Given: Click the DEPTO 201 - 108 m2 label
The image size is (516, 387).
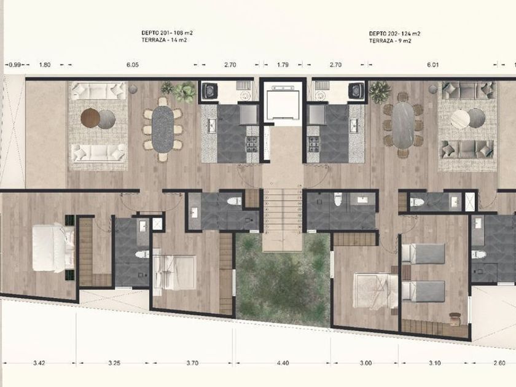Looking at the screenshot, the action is point(167,33).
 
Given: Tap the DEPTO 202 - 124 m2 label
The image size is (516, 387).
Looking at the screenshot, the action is point(394,34).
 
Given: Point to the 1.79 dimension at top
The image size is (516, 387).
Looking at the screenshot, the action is point(283,65).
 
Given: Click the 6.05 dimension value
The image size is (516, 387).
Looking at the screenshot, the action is point(132,65).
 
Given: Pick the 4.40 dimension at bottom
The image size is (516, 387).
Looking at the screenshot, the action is point(283,363).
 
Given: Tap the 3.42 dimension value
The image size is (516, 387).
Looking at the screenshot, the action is point(39,363).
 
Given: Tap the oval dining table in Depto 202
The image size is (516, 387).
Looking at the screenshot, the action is point(403,126).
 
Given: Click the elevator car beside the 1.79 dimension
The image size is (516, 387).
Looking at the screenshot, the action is point(283,103).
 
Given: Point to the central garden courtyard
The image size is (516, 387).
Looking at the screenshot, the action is point(283,279).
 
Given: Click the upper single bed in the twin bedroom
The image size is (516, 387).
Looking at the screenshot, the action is point(423,254).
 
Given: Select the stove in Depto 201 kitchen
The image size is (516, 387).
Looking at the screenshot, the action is point(252,144).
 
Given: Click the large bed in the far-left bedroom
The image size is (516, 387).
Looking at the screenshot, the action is point(53,248).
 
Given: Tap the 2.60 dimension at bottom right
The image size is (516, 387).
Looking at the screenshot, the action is point(499,363).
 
